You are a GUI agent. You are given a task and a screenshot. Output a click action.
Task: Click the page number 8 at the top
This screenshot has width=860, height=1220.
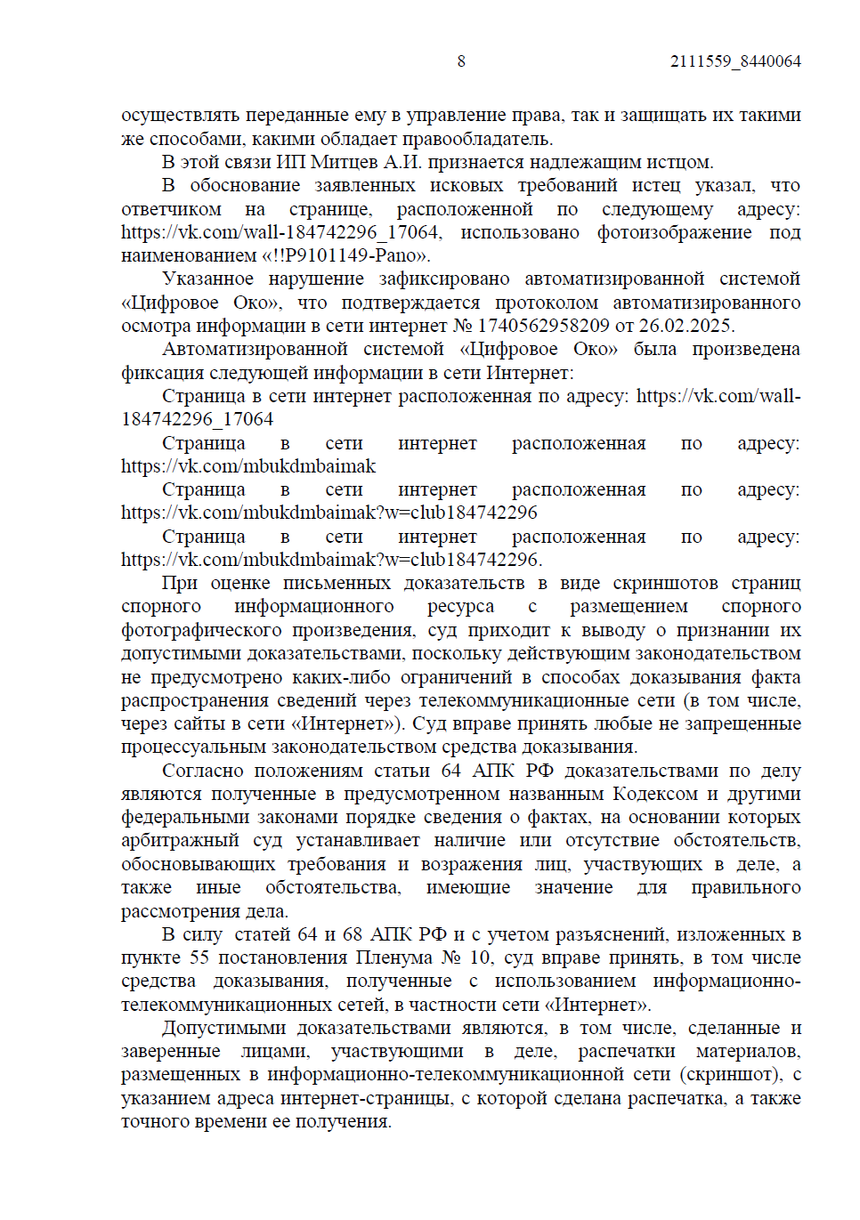click(461, 61)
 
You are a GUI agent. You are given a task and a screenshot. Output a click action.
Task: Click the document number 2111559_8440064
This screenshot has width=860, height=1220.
click(735, 61)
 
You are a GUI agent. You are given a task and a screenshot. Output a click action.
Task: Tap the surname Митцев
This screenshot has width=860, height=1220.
click(344, 162)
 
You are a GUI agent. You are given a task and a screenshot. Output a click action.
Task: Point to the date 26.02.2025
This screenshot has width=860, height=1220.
click(688, 326)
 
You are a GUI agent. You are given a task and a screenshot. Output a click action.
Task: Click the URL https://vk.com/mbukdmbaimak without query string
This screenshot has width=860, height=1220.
click(248, 466)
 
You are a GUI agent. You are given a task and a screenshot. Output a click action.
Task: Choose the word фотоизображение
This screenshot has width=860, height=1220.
click(674, 232)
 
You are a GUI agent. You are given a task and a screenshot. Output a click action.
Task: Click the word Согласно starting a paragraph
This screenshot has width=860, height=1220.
click(203, 771)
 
